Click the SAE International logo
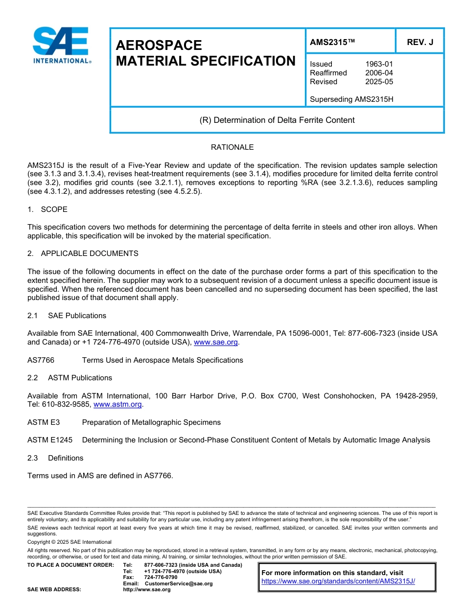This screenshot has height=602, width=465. coord(61,45)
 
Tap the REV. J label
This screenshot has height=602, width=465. coord(420,43)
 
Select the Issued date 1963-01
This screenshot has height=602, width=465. coord(379,64)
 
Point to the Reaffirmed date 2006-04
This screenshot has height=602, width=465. coord(379,73)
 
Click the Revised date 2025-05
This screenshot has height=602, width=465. coord(379,82)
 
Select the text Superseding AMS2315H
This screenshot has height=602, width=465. coord(351,99)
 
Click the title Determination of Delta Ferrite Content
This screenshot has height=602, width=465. coord(277,120)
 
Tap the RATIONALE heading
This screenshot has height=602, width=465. coord(232,147)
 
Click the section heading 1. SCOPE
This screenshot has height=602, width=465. coord(47,209)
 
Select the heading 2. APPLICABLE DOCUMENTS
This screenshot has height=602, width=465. coord(83,254)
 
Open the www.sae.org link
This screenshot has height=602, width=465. coord(216,343)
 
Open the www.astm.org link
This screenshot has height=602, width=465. coord(117,405)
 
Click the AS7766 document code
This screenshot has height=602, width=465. coord(41,360)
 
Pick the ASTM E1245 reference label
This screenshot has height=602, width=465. coord(50,440)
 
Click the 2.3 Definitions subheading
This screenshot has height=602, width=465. coord(55,458)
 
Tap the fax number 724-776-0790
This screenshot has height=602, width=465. coord(161,578)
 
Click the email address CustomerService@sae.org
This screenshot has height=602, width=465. coord(179,583)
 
